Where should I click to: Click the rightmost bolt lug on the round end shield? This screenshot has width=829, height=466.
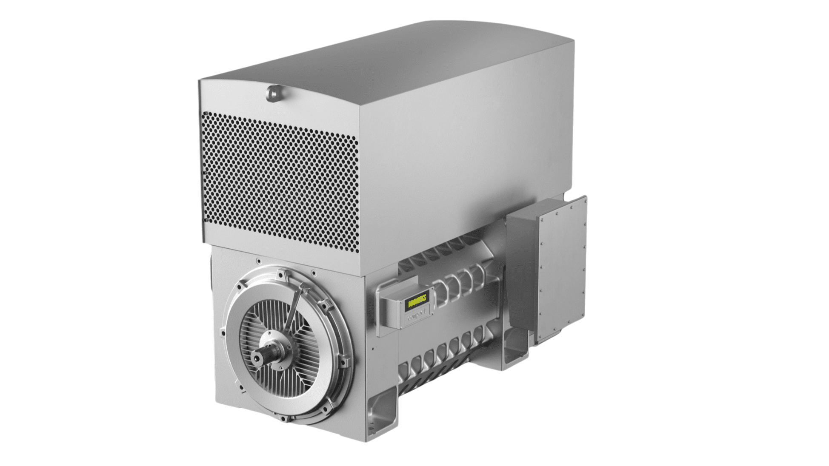pos(344,361)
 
